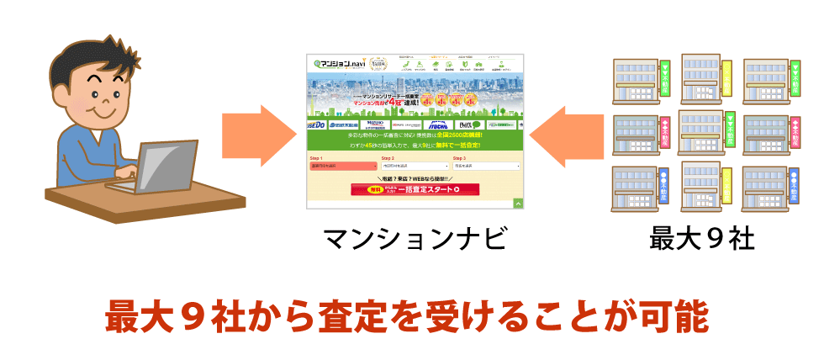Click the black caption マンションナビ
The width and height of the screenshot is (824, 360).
(x=415, y=241)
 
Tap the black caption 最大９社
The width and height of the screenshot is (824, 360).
(x=701, y=241)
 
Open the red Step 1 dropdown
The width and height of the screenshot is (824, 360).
(x=344, y=167)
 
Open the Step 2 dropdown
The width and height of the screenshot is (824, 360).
(x=415, y=167)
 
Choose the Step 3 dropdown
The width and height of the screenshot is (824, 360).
(x=488, y=167)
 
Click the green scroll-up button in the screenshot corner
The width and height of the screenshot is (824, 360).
(x=519, y=203)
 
